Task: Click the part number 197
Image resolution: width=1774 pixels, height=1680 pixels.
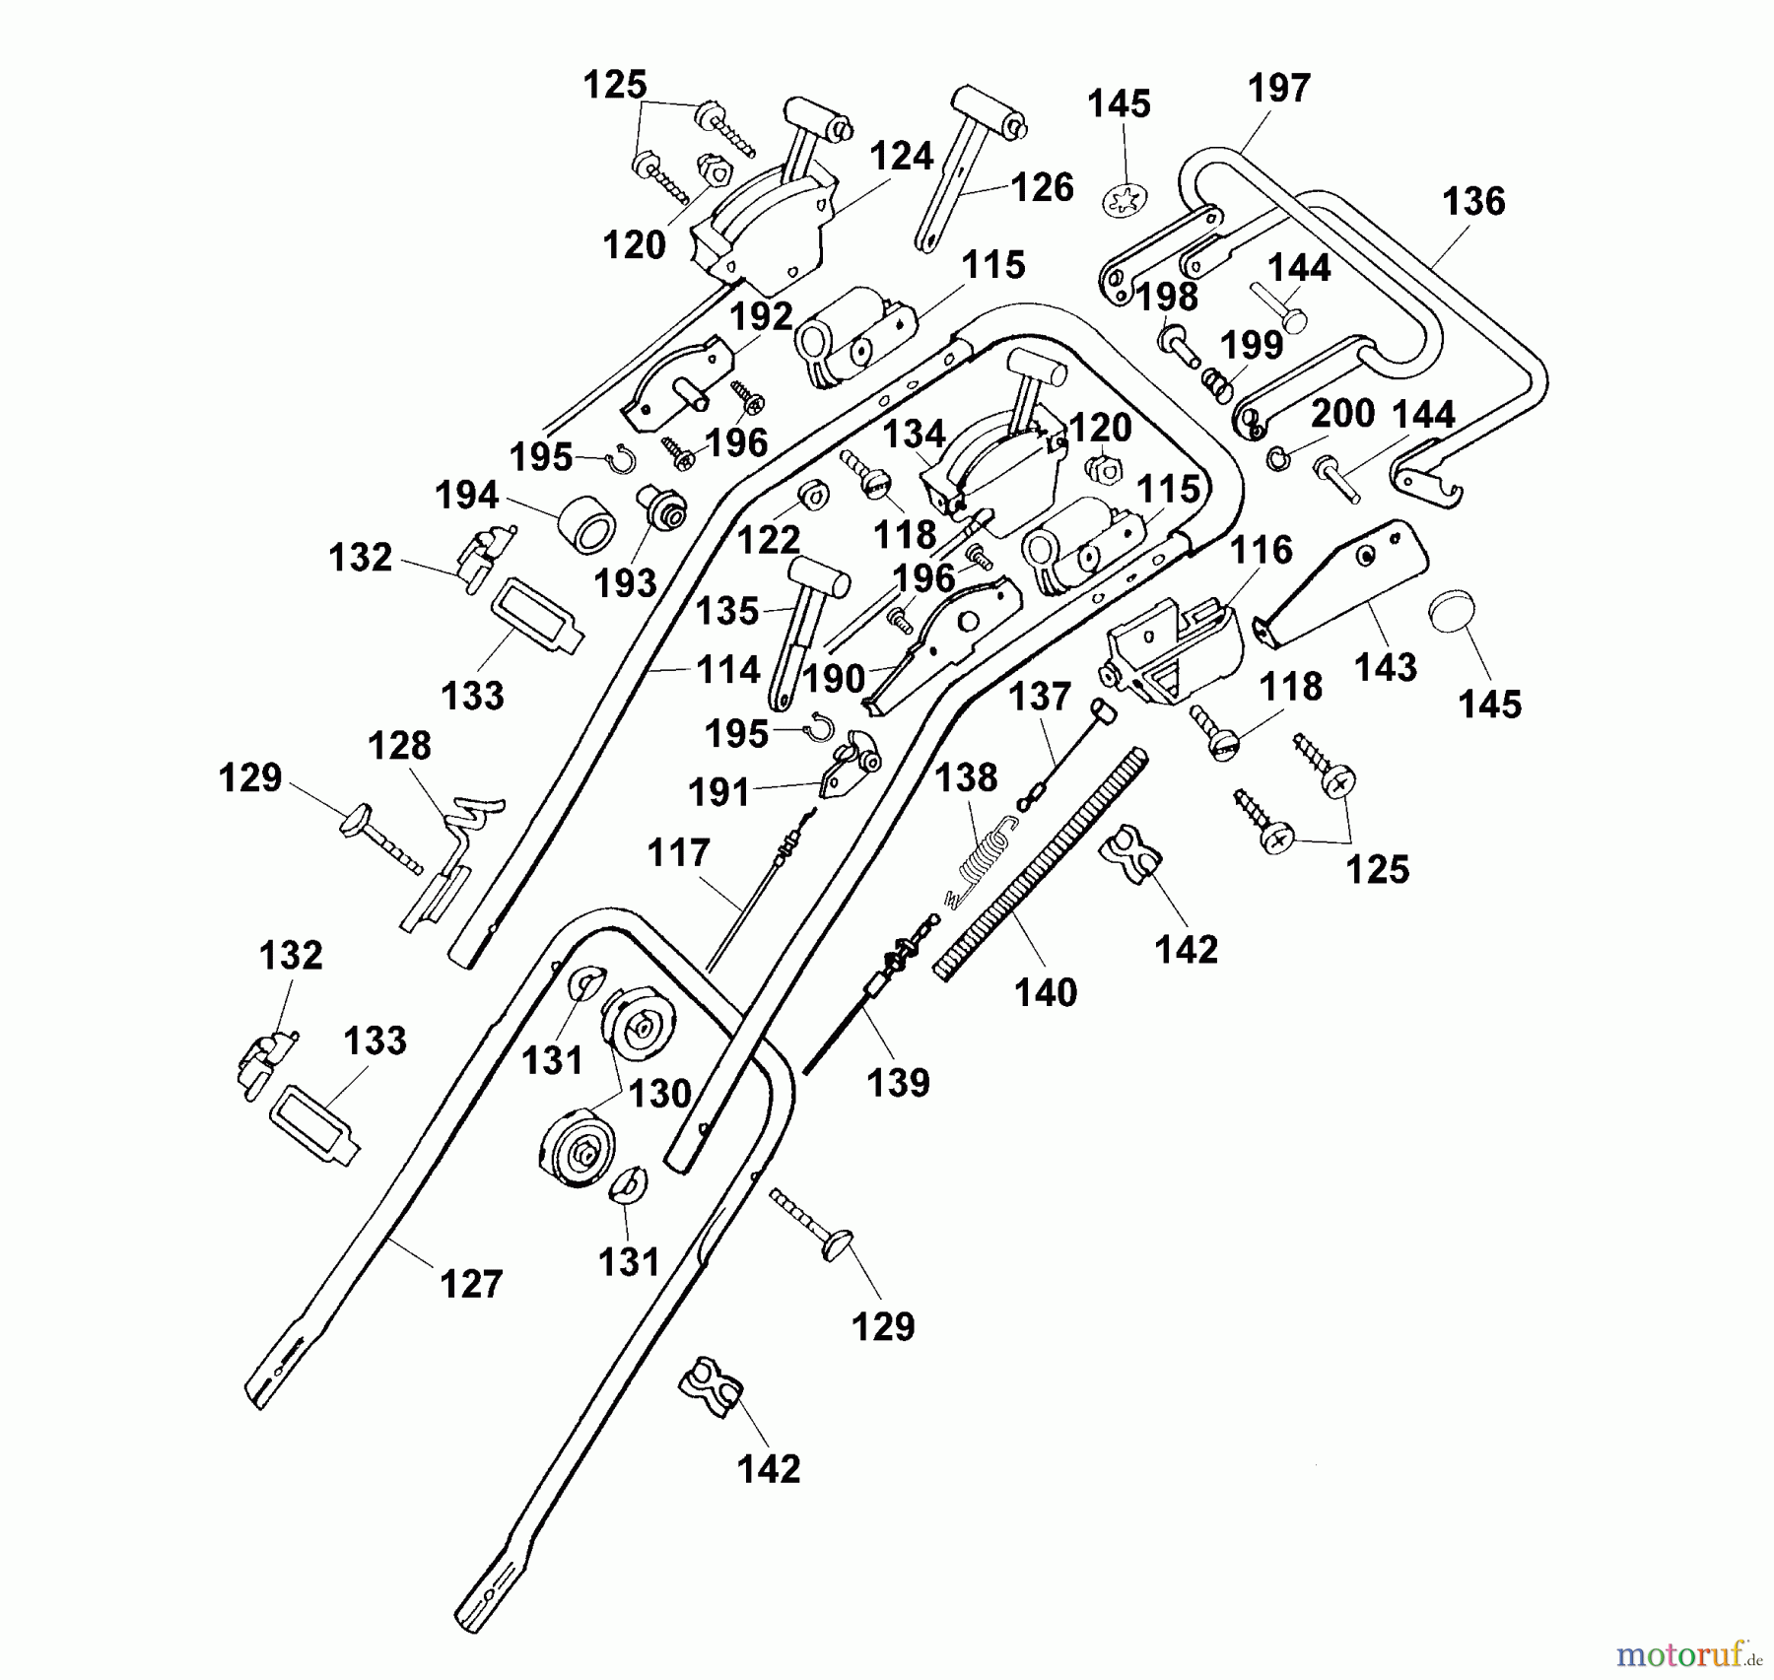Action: click(1278, 89)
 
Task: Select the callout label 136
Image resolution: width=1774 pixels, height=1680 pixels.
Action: click(1473, 202)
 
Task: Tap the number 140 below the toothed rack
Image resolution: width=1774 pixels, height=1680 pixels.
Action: click(1046, 992)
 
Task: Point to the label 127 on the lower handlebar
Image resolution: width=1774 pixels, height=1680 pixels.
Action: click(471, 1284)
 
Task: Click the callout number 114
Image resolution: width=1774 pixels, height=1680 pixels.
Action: click(727, 671)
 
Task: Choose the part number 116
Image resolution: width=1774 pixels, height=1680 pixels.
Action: click(1262, 550)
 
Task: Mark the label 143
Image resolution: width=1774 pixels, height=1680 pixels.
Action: click(1385, 668)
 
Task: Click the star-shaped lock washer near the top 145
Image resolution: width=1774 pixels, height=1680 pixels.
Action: click(1126, 201)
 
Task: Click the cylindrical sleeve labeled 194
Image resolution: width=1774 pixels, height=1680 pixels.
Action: click(588, 523)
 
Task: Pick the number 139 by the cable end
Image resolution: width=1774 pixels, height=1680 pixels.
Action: click(898, 1083)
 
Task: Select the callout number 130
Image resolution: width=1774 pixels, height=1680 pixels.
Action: click(659, 1094)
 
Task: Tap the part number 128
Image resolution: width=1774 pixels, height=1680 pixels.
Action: click(399, 746)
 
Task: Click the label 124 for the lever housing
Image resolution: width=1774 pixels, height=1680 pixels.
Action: click(901, 157)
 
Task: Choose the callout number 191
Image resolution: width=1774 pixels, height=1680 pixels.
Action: click(719, 792)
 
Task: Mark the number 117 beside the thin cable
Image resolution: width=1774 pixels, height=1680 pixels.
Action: click(678, 853)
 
